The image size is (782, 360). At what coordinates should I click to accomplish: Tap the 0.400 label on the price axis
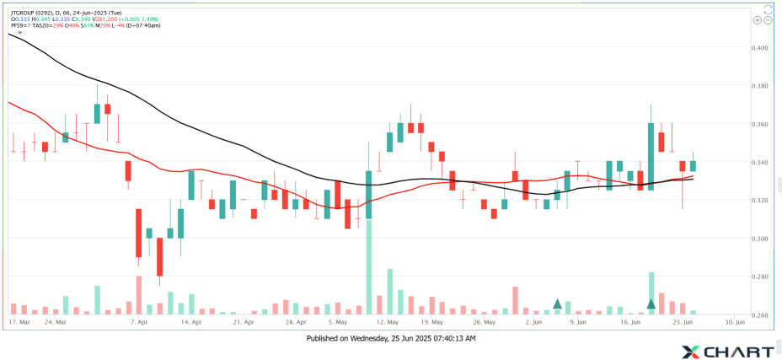(x=761, y=48)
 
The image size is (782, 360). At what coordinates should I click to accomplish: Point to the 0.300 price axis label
(x=761, y=239)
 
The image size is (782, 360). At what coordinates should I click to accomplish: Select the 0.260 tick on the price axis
(x=761, y=314)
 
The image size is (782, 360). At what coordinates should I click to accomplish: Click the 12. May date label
(x=387, y=322)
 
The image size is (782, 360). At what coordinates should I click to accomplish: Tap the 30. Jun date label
(x=735, y=322)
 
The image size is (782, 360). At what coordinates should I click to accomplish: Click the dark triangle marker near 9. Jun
(x=557, y=304)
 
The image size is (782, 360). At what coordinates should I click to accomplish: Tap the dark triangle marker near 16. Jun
(x=651, y=304)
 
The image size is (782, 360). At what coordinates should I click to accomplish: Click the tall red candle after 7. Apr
(x=137, y=234)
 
